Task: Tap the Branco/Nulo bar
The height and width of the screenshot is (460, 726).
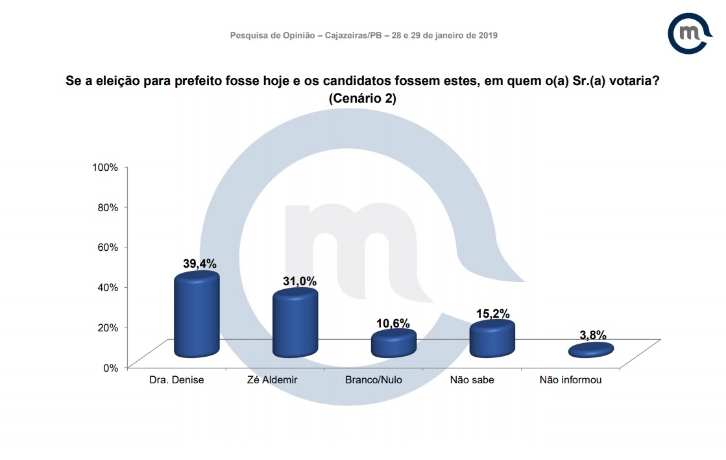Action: pyautogui.click(x=393, y=343)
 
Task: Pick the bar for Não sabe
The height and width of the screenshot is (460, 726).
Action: pyautogui.click(x=492, y=339)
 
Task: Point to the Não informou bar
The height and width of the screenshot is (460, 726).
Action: pyautogui.click(x=590, y=350)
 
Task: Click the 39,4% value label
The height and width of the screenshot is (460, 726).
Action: pyautogui.click(x=200, y=264)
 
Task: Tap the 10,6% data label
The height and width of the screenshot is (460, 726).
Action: pyautogui.click(x=394, y=323)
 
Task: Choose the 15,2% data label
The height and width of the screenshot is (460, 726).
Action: pyautogui.click(x=493, y=314)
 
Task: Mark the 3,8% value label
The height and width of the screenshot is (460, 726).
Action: pyautogui.click(x=592, y=335)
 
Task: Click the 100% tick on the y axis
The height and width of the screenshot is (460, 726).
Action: pyautogui.click(x=105, y=167)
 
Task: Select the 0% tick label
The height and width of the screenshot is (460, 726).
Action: pyautogui.click(x=111, y=367)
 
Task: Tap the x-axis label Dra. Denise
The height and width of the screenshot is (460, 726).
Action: pyautogui.click(x=177, y=380)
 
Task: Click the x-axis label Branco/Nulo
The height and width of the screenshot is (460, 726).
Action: pyautogui.click(x=374, y=380)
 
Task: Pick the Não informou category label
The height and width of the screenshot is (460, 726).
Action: pyautogui.click(x=570, y=380)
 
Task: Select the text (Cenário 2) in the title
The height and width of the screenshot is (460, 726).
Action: pyautogui.click(x=363, y=99)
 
